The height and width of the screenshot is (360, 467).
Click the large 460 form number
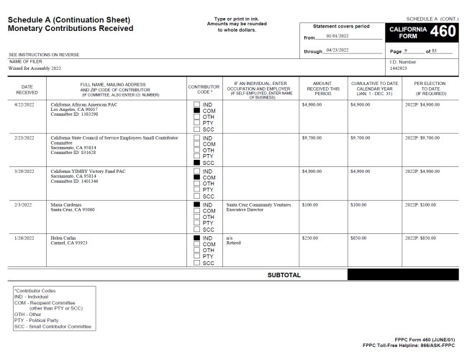click(442, 32)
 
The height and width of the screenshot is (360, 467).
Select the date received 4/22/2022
click(27, 104)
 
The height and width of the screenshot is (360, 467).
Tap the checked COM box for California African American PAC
click(196, 110)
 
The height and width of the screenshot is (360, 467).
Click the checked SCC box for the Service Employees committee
click(196, 162)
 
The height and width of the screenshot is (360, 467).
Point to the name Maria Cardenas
click(68, 204)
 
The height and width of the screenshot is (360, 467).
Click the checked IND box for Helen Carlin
click(196, 238)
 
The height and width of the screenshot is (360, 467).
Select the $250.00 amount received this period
click(311, 238)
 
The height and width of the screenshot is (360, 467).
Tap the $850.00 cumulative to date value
click(360, 238)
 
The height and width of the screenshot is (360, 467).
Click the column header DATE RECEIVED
click(27, 89)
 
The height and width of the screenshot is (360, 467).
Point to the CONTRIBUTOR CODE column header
click(204, 89)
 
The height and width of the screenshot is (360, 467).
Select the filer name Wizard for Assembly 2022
click(35, 68)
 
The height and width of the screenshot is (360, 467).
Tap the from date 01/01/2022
click(337, 35)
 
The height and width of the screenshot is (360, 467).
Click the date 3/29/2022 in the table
click(27, 171)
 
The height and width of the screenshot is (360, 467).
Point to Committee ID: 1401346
click(74, 181)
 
